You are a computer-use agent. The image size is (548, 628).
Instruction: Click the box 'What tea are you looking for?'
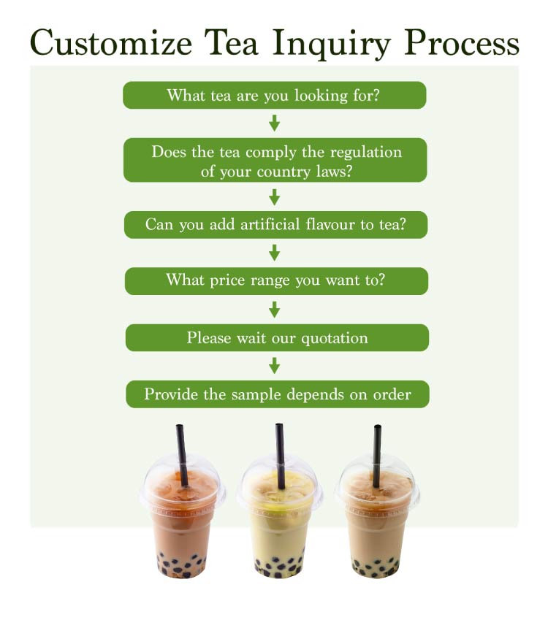(274, 95)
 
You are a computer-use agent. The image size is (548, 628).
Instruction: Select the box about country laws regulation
(275, 161)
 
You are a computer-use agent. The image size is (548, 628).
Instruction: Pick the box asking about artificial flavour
(275, 225)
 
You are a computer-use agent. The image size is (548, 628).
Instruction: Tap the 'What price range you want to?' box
(275, 280)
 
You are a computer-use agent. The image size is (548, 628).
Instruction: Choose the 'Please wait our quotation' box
(277, 337)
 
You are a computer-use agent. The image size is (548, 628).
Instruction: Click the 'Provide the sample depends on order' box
(277, 394)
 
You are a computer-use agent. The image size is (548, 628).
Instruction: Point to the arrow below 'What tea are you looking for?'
(275, 123)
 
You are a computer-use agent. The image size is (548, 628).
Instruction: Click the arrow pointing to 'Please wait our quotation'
(275, 309)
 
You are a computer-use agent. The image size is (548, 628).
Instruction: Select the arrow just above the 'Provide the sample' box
(275, 365)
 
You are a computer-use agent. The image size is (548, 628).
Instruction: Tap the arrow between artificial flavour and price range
(275, 253)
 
